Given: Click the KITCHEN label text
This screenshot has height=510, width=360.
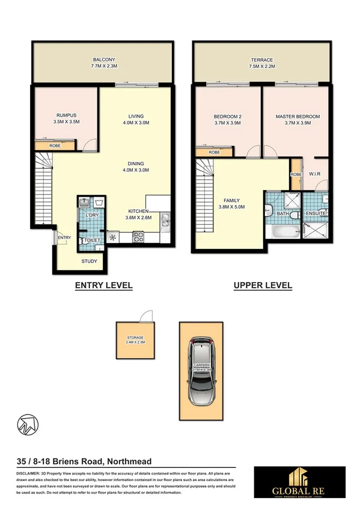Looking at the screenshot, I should coord(139,211).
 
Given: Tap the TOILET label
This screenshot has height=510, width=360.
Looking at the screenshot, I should coord(92,240).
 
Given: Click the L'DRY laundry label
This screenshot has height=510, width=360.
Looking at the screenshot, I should coord(92,215).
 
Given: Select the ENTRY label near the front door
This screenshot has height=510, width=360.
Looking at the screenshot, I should coord(64,238).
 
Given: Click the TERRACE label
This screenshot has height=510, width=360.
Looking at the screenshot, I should coord(261,60).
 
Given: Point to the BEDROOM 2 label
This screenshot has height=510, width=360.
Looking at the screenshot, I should coord(227,116).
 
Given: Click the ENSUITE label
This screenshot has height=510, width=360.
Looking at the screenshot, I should coord(316,213).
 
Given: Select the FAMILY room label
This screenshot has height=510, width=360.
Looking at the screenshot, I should coord(233,200).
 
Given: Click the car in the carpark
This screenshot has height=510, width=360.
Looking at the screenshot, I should coord(201,371).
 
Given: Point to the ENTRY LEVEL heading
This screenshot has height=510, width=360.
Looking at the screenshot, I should coord(103,286).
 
